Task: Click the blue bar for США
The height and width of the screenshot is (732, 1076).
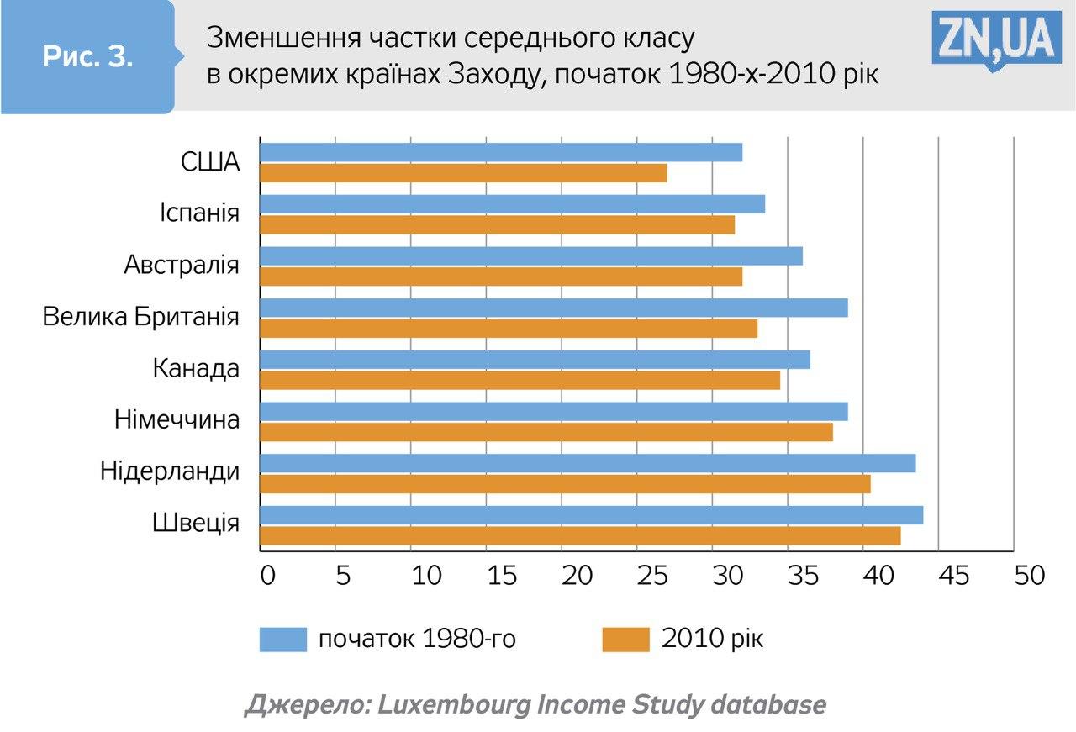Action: [x=501, y=152]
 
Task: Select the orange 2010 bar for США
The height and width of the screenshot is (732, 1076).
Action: [x=463, y=173]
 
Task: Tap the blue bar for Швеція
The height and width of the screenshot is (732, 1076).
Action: [x=591, y=515]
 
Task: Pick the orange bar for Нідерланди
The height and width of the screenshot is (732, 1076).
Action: [x=565, y=484]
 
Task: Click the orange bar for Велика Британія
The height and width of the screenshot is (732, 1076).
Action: [x=509, y=328]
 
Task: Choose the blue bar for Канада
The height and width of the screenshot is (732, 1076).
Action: [x=535, y=360]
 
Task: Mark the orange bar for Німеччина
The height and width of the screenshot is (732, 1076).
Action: [x=546, y=432]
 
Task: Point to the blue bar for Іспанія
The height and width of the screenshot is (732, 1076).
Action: [x=512, y=204]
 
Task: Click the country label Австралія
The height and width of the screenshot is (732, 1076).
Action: [x=182, y=266]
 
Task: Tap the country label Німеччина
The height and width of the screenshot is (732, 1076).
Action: [x=177, y=419]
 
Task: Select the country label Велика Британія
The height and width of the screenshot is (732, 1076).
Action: [x=140, y=317]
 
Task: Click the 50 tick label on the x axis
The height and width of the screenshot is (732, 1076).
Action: [x=1029, y=576]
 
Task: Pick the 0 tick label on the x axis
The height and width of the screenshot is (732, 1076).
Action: [x=267, y=576]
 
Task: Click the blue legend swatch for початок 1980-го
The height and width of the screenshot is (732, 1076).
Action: [x=283, y=640]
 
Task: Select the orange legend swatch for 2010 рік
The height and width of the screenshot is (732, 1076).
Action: [x=626, y=640]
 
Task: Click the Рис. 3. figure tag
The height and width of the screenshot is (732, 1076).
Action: [x=87, y=57]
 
